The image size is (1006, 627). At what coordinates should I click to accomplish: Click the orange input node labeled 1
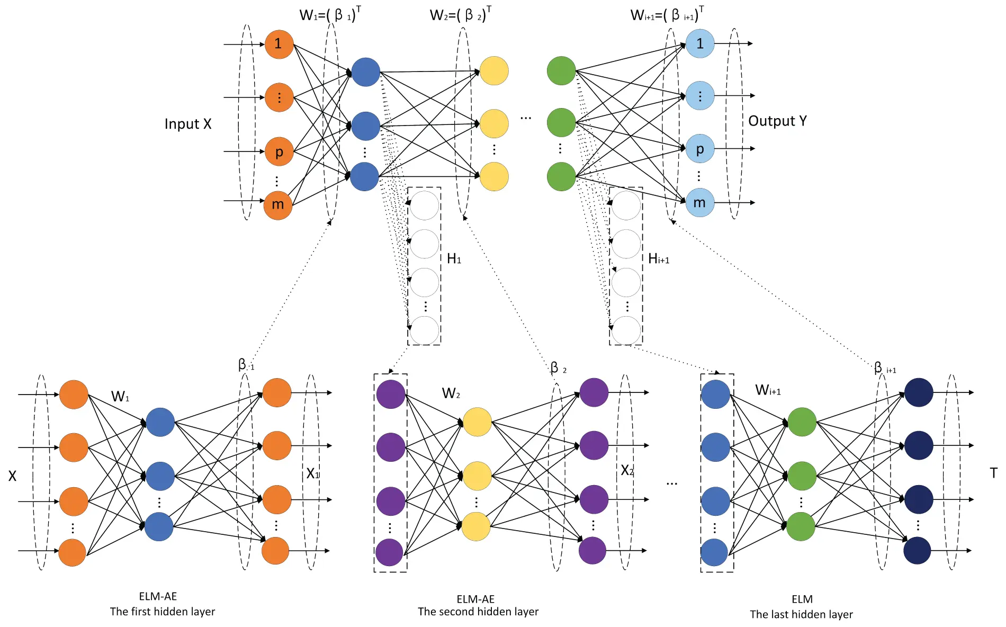click(279, 44)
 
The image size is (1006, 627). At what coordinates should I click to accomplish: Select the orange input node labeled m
click(277, 204)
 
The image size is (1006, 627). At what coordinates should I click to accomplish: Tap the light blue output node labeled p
click(699, 149)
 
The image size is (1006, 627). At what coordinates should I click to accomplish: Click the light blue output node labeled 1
click(699, 43)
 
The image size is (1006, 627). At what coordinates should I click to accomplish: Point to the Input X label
click(187, 124)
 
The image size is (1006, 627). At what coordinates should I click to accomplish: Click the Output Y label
click(777, 121)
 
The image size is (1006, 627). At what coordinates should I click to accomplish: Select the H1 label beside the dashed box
click(454, 258)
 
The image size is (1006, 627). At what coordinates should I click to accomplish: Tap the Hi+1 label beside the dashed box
click(658, 258)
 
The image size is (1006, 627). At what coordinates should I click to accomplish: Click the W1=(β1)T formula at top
click(330, 14)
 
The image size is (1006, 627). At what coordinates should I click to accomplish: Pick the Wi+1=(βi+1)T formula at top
click(667, 14)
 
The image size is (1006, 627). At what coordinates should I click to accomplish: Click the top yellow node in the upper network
click(493, 70)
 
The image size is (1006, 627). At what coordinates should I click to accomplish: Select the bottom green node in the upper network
click(561, 176)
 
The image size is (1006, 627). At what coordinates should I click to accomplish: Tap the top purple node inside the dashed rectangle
click(390, 394)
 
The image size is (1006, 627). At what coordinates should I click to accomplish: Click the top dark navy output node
click(918, 392)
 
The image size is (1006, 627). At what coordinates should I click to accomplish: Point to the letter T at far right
click(993, 473)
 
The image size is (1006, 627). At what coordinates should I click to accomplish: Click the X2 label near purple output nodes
click(627, 470)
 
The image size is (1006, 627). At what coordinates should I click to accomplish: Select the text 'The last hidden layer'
click(801, 614)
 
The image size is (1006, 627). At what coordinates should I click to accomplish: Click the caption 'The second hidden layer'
click(478, 612)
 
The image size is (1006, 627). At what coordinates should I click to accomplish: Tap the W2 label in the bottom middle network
click(451, 393)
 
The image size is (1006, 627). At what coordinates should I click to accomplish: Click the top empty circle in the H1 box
click(424, 205)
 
